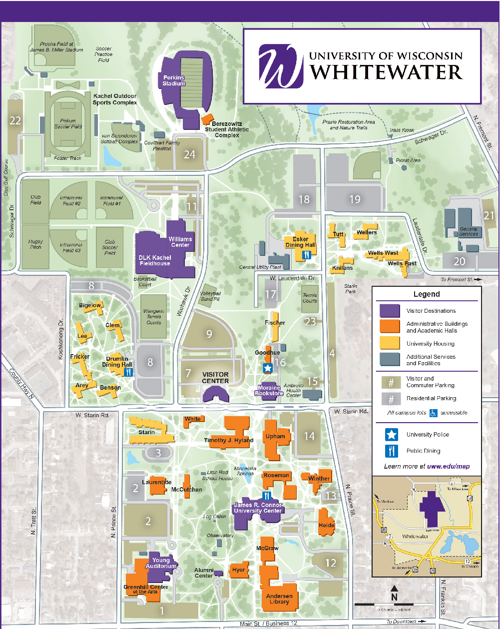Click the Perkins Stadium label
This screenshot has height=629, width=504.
(173, 80)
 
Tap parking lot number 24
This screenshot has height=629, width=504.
(189, 154)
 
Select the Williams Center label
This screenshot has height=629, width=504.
(180, 242)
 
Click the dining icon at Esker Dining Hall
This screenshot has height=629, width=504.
(307, 255)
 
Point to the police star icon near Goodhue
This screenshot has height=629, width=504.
(267, 368)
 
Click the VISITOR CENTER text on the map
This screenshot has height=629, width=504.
(215, 378)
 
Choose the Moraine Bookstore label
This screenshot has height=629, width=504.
(269, 390)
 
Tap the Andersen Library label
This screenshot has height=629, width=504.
(279, 599)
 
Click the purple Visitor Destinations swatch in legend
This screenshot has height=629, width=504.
(390, 311)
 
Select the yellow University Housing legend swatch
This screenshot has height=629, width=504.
(390, 343)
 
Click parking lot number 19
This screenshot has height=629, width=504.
(355, 199)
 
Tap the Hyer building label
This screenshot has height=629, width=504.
(238, 570)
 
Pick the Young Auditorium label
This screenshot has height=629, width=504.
(161, 563)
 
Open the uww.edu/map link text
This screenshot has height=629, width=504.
(448, 466)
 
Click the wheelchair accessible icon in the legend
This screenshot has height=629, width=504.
(433, 413)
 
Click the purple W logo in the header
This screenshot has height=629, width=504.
(281, 66)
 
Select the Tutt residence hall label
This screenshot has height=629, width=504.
(338, 234)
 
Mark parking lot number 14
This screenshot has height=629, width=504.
(309, 436)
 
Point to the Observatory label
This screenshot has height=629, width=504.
(220, 535)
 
